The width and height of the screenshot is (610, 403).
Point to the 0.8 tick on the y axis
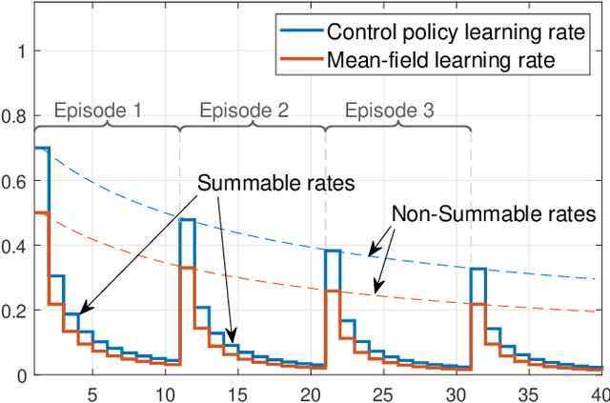16,116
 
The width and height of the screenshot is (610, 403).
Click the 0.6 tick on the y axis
16,181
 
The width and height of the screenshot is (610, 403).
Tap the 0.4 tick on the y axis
16,246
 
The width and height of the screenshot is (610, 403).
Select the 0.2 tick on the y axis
16,311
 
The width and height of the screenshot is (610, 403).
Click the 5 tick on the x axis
91,392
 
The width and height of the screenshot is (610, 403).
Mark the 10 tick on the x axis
165,392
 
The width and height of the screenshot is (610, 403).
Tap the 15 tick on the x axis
237,392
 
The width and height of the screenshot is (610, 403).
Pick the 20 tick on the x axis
311,392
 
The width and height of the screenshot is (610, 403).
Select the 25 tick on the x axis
384,392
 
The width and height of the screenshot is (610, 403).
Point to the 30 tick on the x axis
457,392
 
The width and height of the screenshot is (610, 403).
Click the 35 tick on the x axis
530,392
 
